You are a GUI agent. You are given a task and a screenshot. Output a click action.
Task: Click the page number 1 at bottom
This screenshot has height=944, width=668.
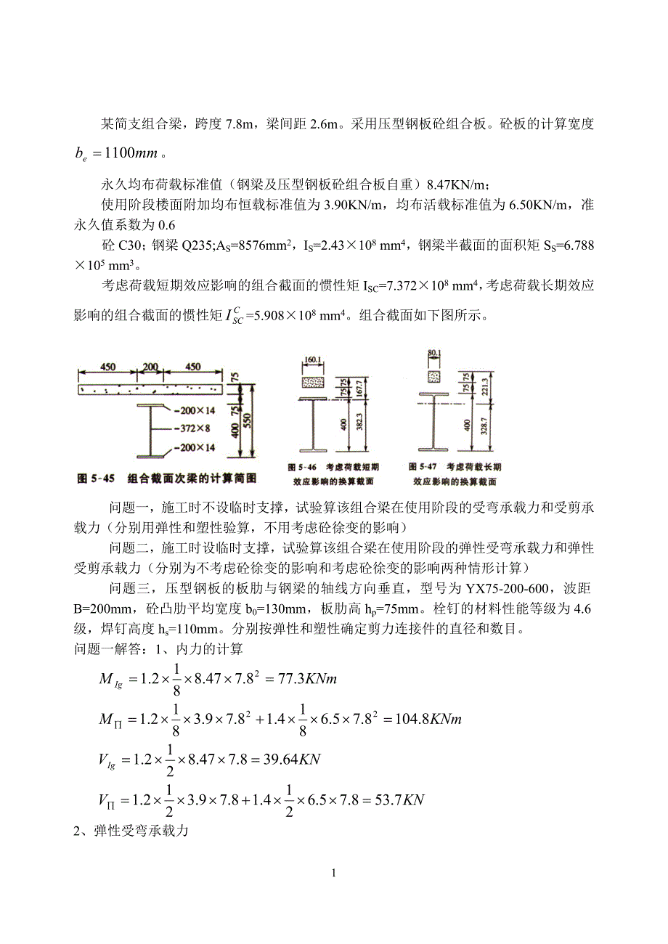coord(333,873)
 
